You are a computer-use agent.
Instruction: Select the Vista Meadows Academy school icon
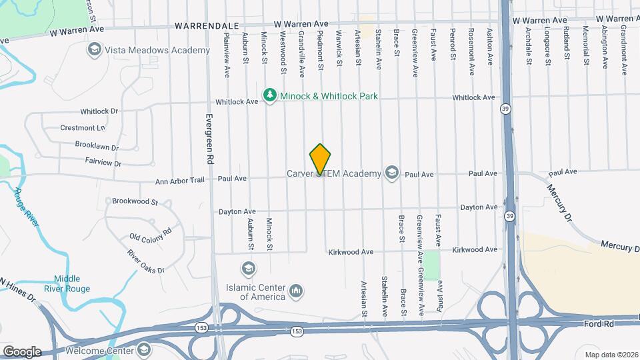(94, 49)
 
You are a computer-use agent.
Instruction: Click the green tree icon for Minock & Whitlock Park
(270, 96)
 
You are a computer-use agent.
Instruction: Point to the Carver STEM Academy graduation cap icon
(391, 173)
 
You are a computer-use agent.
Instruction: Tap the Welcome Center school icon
(145, 349)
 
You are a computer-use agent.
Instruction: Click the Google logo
(21, 352)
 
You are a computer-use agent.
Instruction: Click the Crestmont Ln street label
(83, 128)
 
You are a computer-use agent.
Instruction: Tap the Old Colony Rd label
(151, 233)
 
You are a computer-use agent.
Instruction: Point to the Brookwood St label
(135, 201)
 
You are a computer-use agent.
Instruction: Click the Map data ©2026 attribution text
(610, 355)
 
